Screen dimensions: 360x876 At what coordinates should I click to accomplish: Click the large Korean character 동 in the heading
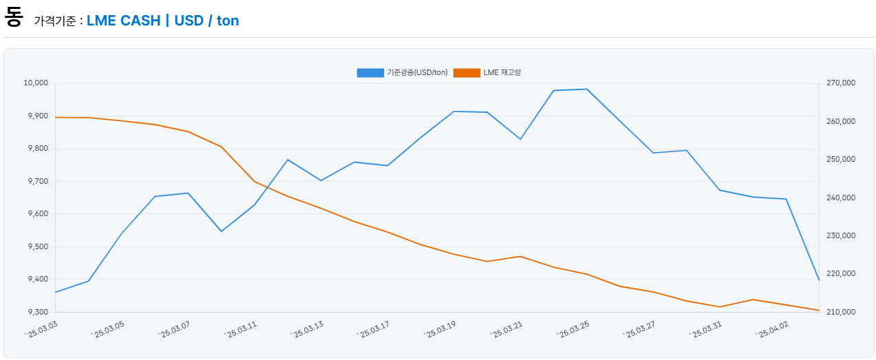pos(13,17)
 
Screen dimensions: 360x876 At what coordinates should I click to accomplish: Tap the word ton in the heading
pos(228,21)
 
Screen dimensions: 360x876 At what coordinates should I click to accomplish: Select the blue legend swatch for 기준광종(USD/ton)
pos(370,72)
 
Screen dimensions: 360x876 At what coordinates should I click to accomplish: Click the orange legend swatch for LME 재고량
pos(467,72)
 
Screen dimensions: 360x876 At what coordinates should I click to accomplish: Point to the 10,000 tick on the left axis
pos(36,83)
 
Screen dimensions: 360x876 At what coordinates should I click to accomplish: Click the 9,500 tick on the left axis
pos(37,246)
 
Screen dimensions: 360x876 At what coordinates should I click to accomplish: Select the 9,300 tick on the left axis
pos(37,312)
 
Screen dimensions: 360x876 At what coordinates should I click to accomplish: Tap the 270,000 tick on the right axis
pos(840,83)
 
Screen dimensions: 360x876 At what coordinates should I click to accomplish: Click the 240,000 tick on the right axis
pos(840,198)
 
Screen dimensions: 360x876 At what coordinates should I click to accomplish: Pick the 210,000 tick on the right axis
pos(840,312)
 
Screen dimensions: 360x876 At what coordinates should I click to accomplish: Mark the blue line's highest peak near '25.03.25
pos(586,89)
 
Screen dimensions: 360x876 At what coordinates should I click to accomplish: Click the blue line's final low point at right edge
pos(819,280)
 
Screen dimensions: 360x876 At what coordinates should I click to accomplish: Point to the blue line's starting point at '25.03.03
pos(56,293)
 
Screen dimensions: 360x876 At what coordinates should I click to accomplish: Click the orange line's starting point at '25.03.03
pos(56,117)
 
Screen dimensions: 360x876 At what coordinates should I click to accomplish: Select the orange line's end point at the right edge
pos(819,310)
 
